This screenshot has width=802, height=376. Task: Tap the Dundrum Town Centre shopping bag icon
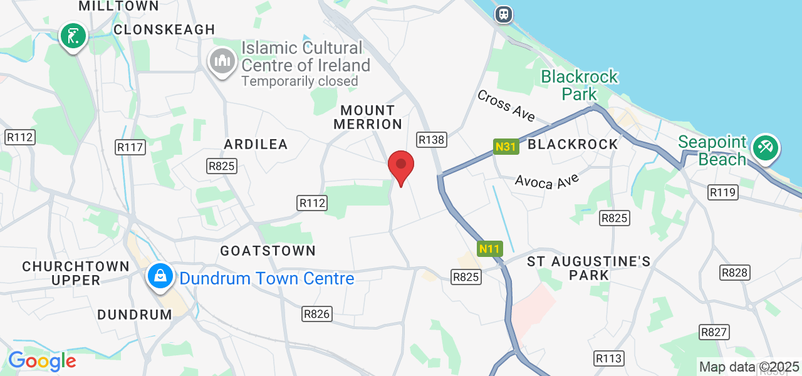pos(160,276)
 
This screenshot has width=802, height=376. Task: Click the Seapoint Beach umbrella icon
pos(765,148)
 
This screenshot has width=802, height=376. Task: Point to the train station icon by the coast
pos(503,14)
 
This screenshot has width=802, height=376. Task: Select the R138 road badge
pos(432,140)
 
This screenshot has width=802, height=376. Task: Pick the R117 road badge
pos(131,147)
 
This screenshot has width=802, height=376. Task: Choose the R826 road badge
pos(316,314)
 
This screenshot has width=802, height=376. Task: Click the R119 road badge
pos(722,192)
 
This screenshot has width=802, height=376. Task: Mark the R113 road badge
pos(608,358)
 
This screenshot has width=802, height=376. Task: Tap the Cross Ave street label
pos(506,106)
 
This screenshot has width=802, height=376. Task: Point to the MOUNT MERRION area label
pos(368,117)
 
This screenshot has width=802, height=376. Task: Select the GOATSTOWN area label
pos(268,251)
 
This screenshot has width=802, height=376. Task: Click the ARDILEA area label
pos(256,144)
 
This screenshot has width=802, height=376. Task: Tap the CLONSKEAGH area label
pos(164,29)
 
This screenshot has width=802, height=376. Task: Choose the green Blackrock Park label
pos(580,85)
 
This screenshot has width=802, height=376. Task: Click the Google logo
pos(42,361)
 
